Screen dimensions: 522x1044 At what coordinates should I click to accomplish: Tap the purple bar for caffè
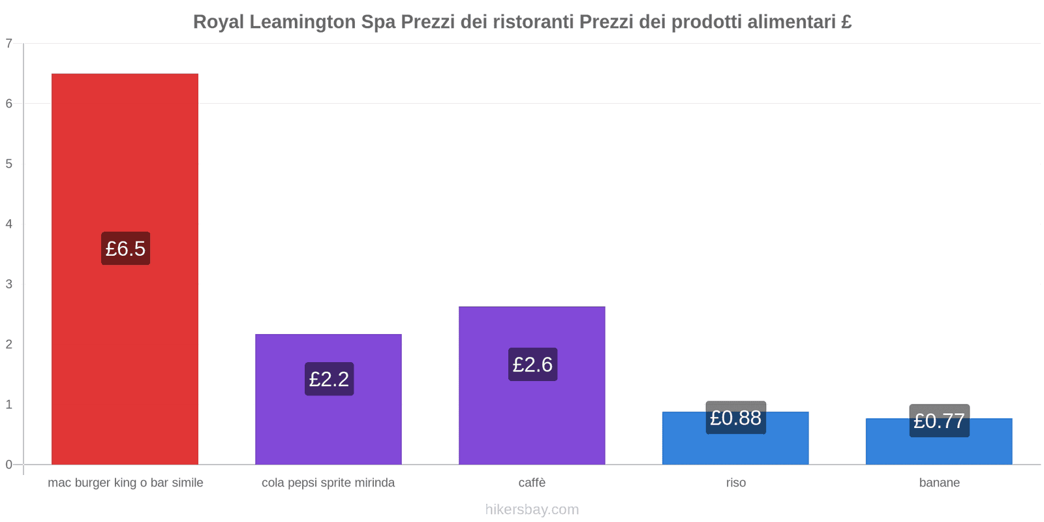tap(532, 418)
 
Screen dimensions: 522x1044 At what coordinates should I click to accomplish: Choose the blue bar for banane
tap(939, 451)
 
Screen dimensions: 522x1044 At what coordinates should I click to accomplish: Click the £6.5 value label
tap(125, 249)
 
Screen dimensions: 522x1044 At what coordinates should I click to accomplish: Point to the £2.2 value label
tap(329, 379)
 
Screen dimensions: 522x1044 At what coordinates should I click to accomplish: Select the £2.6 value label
tap(532, 364)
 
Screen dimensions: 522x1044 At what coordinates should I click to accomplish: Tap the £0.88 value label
tap(735, 418)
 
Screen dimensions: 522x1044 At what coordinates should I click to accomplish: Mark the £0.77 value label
tap(939, 421)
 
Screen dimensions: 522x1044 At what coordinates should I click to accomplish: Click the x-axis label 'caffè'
tap(532, 483)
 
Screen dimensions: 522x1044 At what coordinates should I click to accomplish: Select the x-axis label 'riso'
tap(735, 483)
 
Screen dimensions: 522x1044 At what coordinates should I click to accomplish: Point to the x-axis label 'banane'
tap(939, 483)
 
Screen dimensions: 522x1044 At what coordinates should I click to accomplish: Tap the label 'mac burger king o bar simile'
tap(125, 483)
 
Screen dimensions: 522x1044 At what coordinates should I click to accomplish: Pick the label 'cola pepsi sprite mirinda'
tap(328, 483)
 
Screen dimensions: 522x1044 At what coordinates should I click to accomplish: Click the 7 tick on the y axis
tap(9, 44)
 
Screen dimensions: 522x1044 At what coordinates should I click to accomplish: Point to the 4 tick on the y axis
tap(9, 224)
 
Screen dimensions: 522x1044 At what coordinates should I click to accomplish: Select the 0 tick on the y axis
tap(9, 465)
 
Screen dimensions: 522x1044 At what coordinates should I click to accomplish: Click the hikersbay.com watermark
tap(532, 510)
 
